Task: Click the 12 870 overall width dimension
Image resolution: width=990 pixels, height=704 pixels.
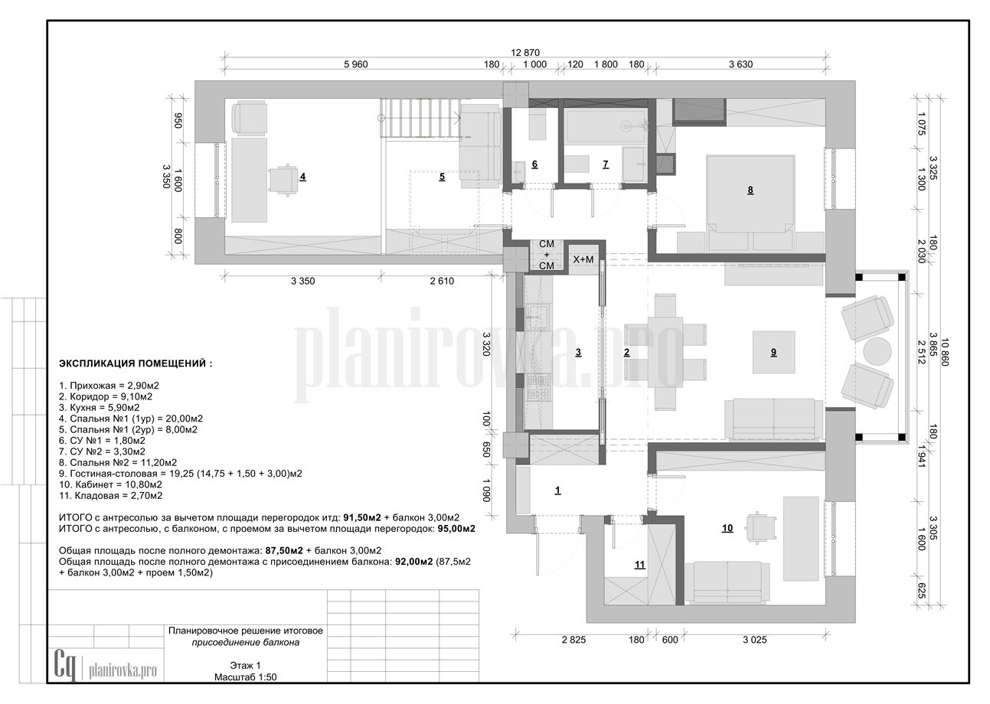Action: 525,52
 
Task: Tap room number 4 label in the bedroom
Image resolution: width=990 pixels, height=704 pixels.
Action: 303,177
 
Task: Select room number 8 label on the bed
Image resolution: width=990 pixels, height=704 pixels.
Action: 750,190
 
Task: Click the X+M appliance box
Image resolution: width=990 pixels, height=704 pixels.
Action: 583,260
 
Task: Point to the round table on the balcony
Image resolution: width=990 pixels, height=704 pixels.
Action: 877,351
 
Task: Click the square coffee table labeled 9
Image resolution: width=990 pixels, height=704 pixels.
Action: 773,352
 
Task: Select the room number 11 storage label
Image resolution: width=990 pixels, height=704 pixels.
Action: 640,565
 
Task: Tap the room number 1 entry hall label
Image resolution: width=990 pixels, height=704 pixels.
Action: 557,490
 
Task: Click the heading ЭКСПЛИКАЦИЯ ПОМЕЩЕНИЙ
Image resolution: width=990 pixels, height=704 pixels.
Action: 136,363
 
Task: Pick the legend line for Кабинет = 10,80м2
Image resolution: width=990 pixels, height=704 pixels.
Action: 110,484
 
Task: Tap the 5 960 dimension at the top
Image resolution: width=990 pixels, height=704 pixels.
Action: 356,64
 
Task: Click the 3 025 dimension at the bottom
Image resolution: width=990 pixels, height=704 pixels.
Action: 754,640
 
